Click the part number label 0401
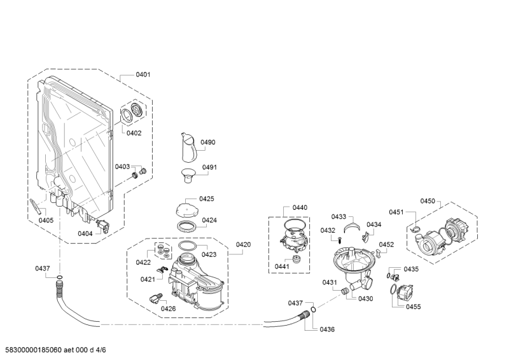pyautogui.click(x=143, y=74)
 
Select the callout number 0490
pyautogui.click(x=208, y=142)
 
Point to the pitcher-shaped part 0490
pyautogui.click(x=189, y=148)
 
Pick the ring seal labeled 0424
pyautogui.click(x=186, y=226)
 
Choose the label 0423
pyautogui.click(x=209, y=254)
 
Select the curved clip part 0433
pyautogui.click(x=352, y=226)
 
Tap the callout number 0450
pyautogui.click(x=428, y=201)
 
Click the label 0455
pyautogui.click(x=413, y=307)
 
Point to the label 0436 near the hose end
pyautogui.click(x=327, y=329)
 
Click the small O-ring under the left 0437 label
pyautogui.click(x=59, y=277)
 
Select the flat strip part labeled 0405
pyautogui.click(x=36, y=207)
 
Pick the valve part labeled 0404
pyautogui.click(x=103, y=226)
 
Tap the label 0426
pyautogui.click(x=168, y=308)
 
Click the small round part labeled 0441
pyautogui.click(x=296, y=259)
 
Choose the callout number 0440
pyautogui.click(x=300, y=208)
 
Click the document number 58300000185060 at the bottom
pyautogui.click(x=31, y=350)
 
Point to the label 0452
pyautogui.click(x=386, y=245)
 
